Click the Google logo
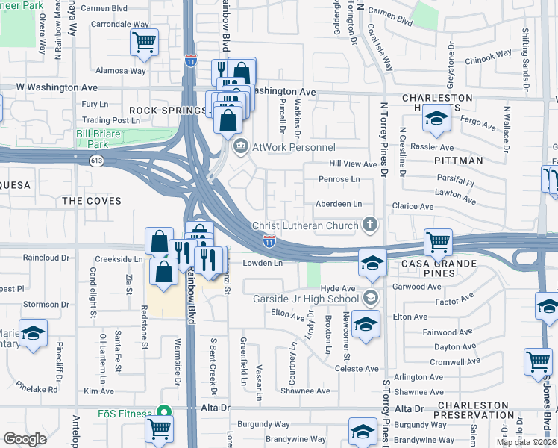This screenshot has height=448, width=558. pyautogui.click(x=25, y=439)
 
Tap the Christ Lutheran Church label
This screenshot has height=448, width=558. pyautogui.click(x=306, y=225)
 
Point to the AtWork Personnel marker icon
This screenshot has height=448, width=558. pyautogui.click(x=240, y=147)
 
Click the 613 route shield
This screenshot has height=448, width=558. pyautogui.click(x=97, y=160)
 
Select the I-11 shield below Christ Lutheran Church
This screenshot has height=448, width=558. pyautogui.click(x=269, y=240)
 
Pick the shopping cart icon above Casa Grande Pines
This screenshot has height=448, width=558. pyautogui.click(x=437, y=241)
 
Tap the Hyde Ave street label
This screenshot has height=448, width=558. pyautogui.click(x=338, y=288)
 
